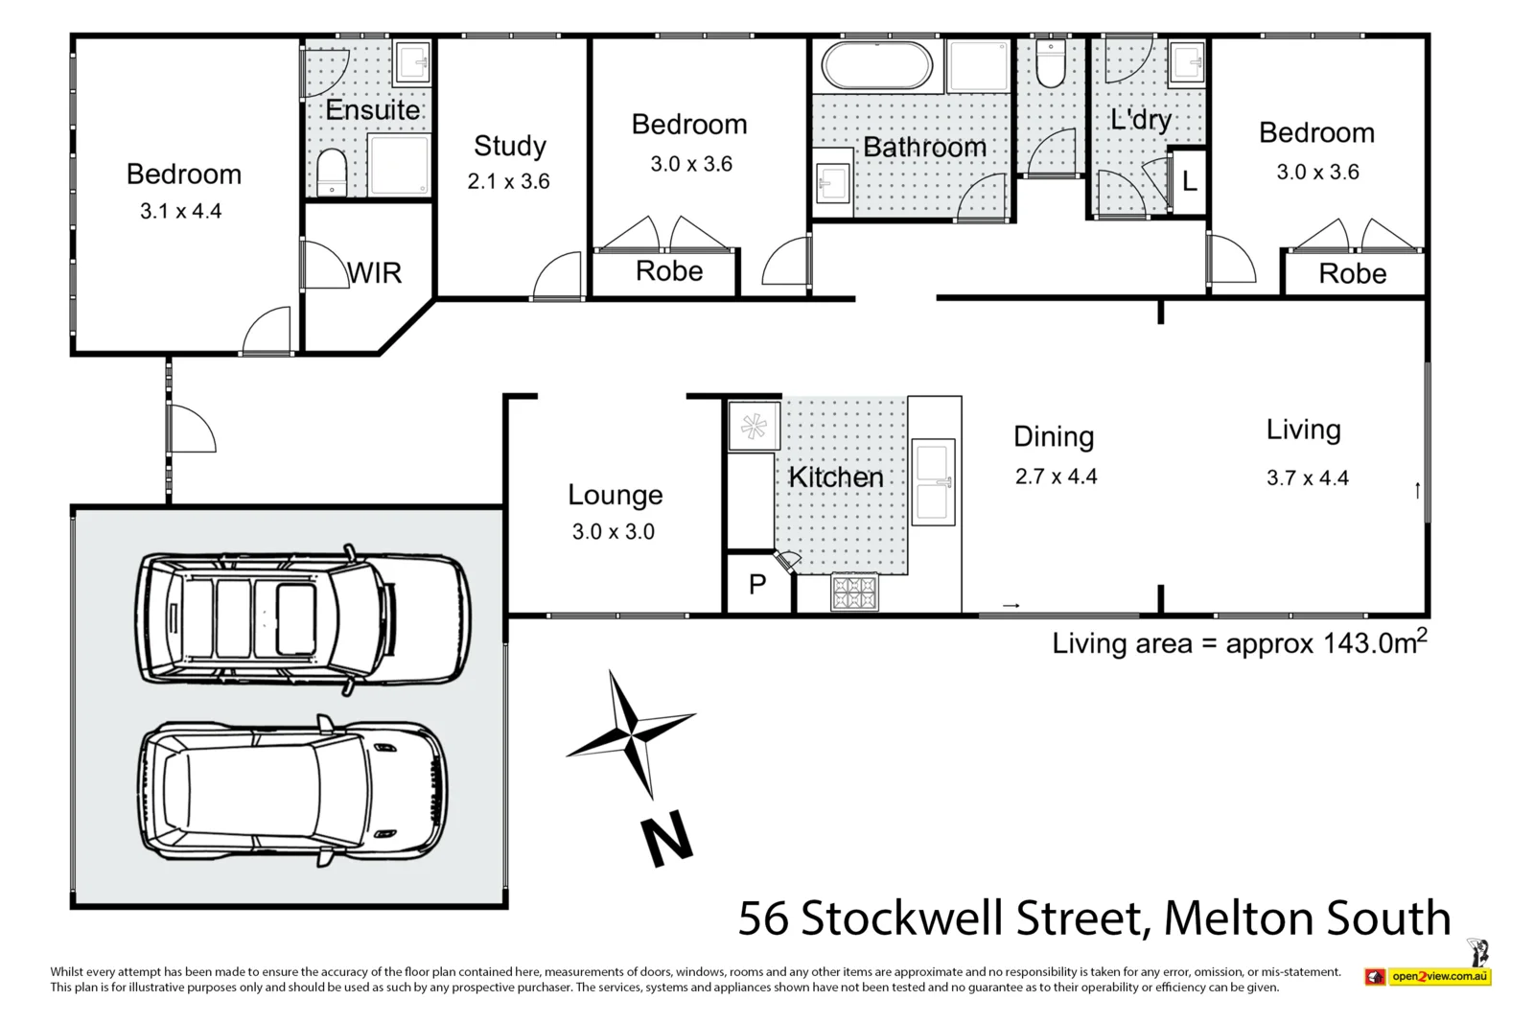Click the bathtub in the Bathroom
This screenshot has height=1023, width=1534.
[875, 66]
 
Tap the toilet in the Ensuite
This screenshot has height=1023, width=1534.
[332, 172]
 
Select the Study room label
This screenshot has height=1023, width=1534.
[509, 146]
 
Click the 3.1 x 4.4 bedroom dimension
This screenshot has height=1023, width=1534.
[180, 211]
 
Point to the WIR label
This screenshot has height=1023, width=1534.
[375, 273]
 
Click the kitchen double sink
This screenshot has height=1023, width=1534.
[932, 482]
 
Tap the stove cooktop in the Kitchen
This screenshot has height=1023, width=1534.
[853, 592]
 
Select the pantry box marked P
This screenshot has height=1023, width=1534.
[757, 584]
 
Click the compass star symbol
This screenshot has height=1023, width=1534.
[631, 734]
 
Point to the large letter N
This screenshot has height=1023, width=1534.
[666, 839]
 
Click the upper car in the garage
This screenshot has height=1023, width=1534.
[303, 618]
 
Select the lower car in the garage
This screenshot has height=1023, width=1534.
[292, 792]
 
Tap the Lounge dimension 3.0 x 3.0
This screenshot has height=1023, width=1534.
[613, 532]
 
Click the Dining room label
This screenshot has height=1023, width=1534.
[1053, 437]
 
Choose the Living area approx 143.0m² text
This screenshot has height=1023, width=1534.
[1239, 642]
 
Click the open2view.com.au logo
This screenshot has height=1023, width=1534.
[1429, 976]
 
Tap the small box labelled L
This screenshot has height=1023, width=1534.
[1189, 181]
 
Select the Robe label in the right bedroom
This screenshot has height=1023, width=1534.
[1352, 274]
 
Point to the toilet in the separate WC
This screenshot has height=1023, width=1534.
[1051, 65]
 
